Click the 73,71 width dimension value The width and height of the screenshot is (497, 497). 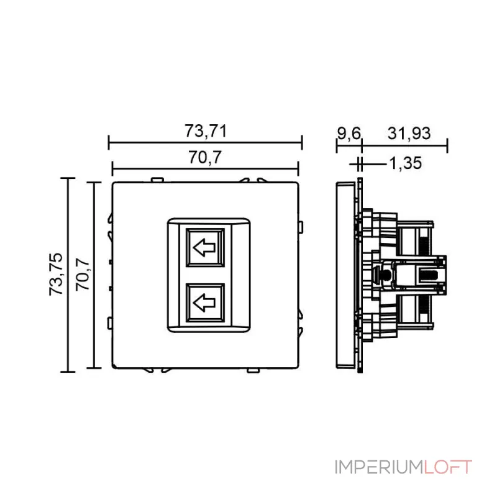[x=205, y=132]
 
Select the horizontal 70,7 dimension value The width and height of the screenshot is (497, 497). [x=205, y=158]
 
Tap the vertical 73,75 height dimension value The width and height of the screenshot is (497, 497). [x=56, y=275]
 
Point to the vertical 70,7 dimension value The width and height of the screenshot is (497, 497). [x=82, y=275]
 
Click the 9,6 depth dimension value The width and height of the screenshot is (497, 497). [x=348, y=133]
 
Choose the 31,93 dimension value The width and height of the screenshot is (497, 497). [x=409, y=133]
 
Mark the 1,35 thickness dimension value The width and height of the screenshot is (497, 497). [x=405, y=163]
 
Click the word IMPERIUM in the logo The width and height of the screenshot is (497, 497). [x=380, y=467]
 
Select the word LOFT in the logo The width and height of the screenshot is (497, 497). [x=449, y=467]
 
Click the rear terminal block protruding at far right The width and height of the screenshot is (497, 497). [x=429, y=274]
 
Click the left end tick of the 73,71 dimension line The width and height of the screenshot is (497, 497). [x=109, y=143]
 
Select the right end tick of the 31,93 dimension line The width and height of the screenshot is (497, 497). [x=447, y=147]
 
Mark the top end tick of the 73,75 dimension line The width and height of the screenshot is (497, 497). [x=68, y=178]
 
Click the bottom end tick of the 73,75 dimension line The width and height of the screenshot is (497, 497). [x=68, y=372]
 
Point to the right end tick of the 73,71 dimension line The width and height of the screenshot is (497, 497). [x=302, y=143]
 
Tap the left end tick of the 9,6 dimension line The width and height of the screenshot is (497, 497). [x=336, y=147]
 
